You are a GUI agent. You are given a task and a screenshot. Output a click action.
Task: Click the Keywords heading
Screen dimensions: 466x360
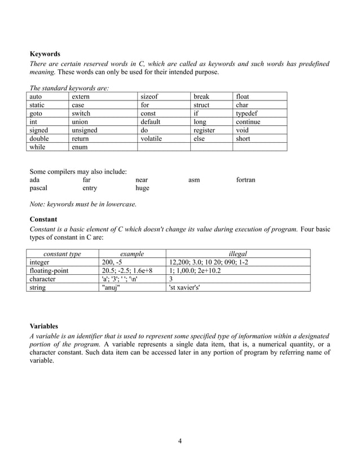45,54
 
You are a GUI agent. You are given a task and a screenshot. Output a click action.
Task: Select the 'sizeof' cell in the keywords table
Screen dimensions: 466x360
150,97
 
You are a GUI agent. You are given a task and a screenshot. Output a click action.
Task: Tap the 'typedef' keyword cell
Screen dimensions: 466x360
247,113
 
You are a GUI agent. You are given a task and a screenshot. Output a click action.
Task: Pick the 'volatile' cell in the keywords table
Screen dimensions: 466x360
151,138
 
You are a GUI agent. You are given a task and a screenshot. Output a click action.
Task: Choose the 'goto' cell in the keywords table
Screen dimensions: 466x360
37,113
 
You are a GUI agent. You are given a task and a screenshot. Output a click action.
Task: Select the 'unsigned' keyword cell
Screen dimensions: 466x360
85,130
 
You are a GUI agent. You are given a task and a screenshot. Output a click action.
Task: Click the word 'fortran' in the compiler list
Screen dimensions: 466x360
245,180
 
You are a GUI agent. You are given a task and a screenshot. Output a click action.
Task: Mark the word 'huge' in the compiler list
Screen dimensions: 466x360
142,188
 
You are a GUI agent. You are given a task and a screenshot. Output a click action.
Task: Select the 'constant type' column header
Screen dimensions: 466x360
62,254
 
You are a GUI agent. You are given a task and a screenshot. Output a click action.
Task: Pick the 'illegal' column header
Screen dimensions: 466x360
238,254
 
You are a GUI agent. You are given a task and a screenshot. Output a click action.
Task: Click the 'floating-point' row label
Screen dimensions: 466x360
49,270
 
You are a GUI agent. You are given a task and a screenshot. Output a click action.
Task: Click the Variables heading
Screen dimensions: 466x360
43,326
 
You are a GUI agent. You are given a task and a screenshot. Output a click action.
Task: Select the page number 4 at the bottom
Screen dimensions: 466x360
179,441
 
